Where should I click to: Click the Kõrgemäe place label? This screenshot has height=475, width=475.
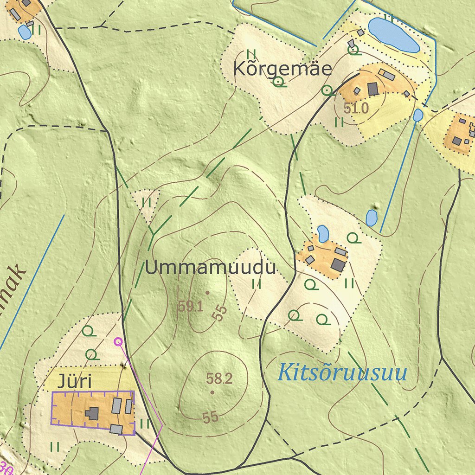tap(282, 70)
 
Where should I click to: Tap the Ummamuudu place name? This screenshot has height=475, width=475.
tap(211, 268)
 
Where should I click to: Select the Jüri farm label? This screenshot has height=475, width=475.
tap(74, 382)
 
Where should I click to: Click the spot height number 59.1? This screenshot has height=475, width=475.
tap(191, 306)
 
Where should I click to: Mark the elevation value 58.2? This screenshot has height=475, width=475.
tap(219, 379)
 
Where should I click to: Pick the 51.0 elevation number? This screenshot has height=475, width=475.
tap(356, 109)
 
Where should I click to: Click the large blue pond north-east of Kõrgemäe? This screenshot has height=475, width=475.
tap(393, 35)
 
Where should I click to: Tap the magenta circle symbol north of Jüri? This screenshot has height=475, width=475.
tap(118, 342)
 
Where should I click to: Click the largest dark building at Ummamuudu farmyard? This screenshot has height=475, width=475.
tap(338, 265)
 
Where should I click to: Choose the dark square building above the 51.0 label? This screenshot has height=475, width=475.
tap(373, 88)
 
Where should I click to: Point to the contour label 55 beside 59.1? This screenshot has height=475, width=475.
tap(219, 313)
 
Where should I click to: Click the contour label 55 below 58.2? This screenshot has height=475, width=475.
tap(210, 417)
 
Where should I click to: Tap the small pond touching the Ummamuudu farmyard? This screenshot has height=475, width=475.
tap(323, 233)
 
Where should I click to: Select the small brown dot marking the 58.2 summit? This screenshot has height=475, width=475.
tap(212, 392)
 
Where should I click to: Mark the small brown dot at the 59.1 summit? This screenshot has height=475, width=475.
tap(207, 293)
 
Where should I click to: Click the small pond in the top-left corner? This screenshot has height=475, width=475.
tap(24, 32)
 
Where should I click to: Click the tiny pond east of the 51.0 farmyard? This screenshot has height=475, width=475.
tap(418, 115)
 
